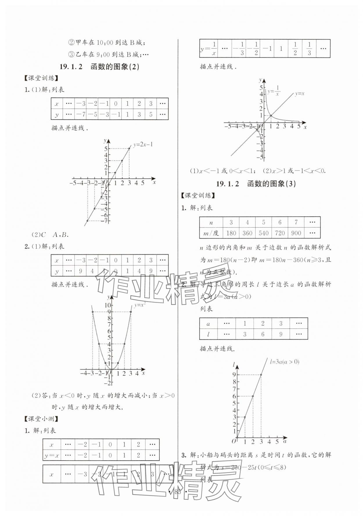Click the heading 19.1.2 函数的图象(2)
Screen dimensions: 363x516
[x=99, y=67]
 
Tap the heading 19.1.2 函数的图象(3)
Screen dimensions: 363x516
[x=256, y=184]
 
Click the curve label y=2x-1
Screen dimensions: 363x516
[x=143, y=144]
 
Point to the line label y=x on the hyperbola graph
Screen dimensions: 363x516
[x=299, y=94]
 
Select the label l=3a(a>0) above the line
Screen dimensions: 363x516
[x=284, y=362]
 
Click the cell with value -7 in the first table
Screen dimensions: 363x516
[x=80, y=114]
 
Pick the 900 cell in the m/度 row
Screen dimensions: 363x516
[x=296, y=233]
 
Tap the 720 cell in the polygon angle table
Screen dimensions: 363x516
[x=280, y=233]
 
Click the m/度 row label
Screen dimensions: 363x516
[x=211, y=233]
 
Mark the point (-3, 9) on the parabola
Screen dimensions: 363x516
[x=93, y=312]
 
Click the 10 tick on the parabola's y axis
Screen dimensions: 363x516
[x=108, y=305]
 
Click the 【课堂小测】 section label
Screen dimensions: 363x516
[x=42, y=418]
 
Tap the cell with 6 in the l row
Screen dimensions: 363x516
[x=263, y=334]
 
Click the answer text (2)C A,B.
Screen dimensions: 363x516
[x=50, y=235]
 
